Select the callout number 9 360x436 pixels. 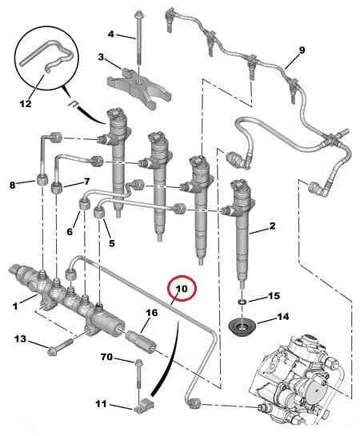(302, 51)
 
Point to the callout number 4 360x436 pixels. (111, 34)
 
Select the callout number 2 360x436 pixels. (272, 226)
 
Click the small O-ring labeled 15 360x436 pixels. (242, 301)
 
